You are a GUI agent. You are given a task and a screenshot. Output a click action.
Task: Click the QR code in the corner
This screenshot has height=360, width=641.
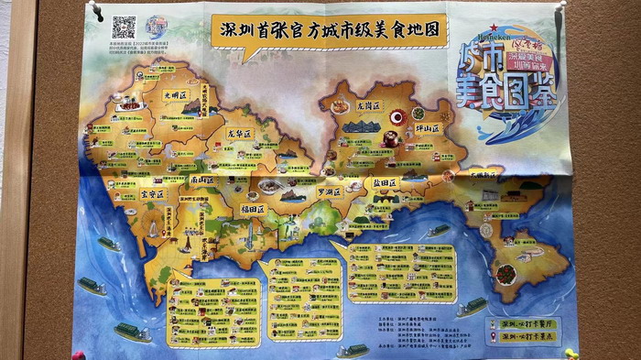click(124, 27)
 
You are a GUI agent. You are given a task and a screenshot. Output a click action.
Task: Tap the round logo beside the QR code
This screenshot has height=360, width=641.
click(157, 26)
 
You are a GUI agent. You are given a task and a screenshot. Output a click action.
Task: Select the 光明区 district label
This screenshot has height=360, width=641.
click(175, 94)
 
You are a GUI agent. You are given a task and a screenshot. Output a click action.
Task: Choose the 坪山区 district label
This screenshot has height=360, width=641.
click(424, 128)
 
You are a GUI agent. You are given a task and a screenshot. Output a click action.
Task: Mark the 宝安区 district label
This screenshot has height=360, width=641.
click(152, 194)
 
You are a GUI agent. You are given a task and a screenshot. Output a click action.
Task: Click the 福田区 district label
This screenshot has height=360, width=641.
click(252, 209)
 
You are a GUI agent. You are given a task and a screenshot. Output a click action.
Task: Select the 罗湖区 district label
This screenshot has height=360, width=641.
click(327, 192)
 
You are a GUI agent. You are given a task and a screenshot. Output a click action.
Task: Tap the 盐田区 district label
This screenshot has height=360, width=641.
click(385, 183)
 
